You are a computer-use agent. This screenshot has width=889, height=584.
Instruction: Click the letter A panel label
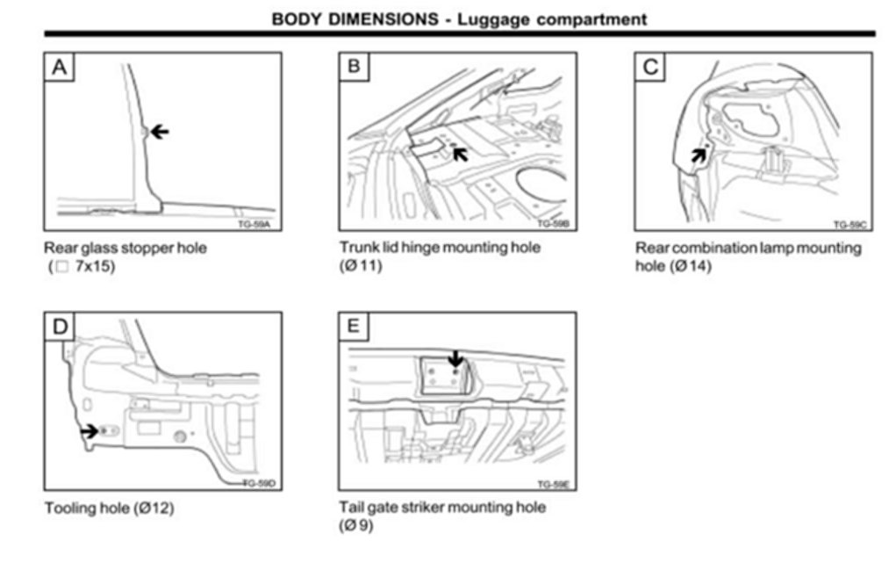click(x=60, y=67)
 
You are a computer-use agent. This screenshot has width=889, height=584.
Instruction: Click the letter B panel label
click(x=354, y=67)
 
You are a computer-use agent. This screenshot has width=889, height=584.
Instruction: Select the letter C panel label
click(x=650, y=67)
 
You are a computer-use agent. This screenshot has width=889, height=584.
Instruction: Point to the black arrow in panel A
click(x=159, y=132)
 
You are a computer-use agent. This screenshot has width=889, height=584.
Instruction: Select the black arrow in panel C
click(x=698, y=155)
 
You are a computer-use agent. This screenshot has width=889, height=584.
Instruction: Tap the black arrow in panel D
click(x=89, y=431)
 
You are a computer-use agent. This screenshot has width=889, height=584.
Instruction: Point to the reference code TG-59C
click(x=850, y=225)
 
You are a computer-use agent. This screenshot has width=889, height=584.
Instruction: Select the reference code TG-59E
click(x=555, y=484)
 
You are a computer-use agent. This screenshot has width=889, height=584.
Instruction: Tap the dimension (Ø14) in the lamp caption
click(x=690, y=266)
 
